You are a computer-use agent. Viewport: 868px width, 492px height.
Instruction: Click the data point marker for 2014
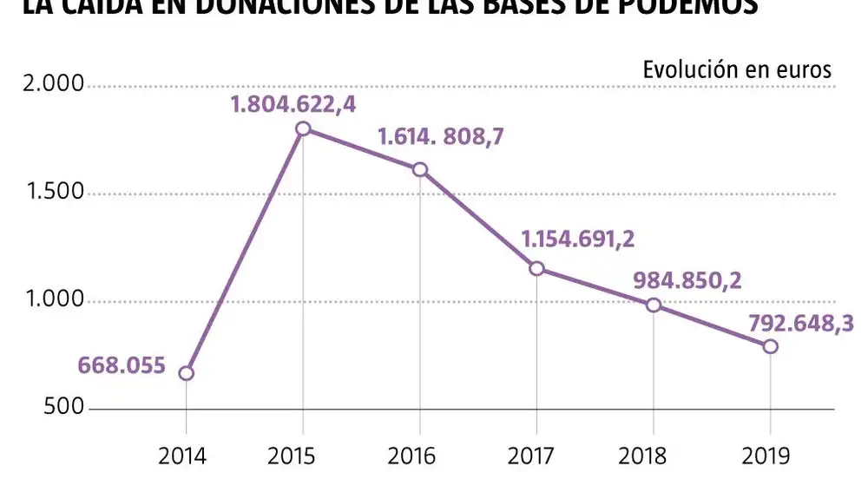186,373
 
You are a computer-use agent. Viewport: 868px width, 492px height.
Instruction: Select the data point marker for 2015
303,128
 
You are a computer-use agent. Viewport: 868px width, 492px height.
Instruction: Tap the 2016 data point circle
420,169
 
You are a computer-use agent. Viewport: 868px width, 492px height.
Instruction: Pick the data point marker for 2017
536,268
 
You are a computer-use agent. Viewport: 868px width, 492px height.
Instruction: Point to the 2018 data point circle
654,305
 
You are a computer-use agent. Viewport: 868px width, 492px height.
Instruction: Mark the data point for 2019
770,346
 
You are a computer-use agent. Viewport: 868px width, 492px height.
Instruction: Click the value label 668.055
122,365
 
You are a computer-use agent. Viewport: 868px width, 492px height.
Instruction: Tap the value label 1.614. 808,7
440,137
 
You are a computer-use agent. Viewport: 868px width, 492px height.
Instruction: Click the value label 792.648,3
799,324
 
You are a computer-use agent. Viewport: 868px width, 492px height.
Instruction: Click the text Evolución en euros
737,70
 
